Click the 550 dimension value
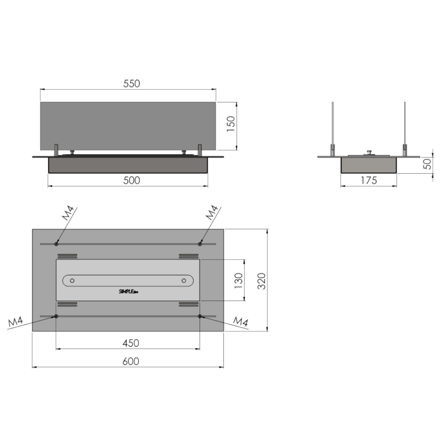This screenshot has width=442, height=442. coord(132,84)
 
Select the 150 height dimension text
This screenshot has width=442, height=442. coord(231,124)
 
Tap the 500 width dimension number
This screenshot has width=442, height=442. coord(132,181)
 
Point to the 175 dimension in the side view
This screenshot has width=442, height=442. coord(369,181)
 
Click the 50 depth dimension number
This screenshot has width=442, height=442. coord(427,164)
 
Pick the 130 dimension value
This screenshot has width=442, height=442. coord(239,281)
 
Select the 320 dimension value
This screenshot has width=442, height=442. coord(261,281)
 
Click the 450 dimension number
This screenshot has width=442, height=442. coord(131,343)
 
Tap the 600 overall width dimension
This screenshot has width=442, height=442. coord(131,361)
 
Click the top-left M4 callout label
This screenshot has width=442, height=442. coord(68,213)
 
